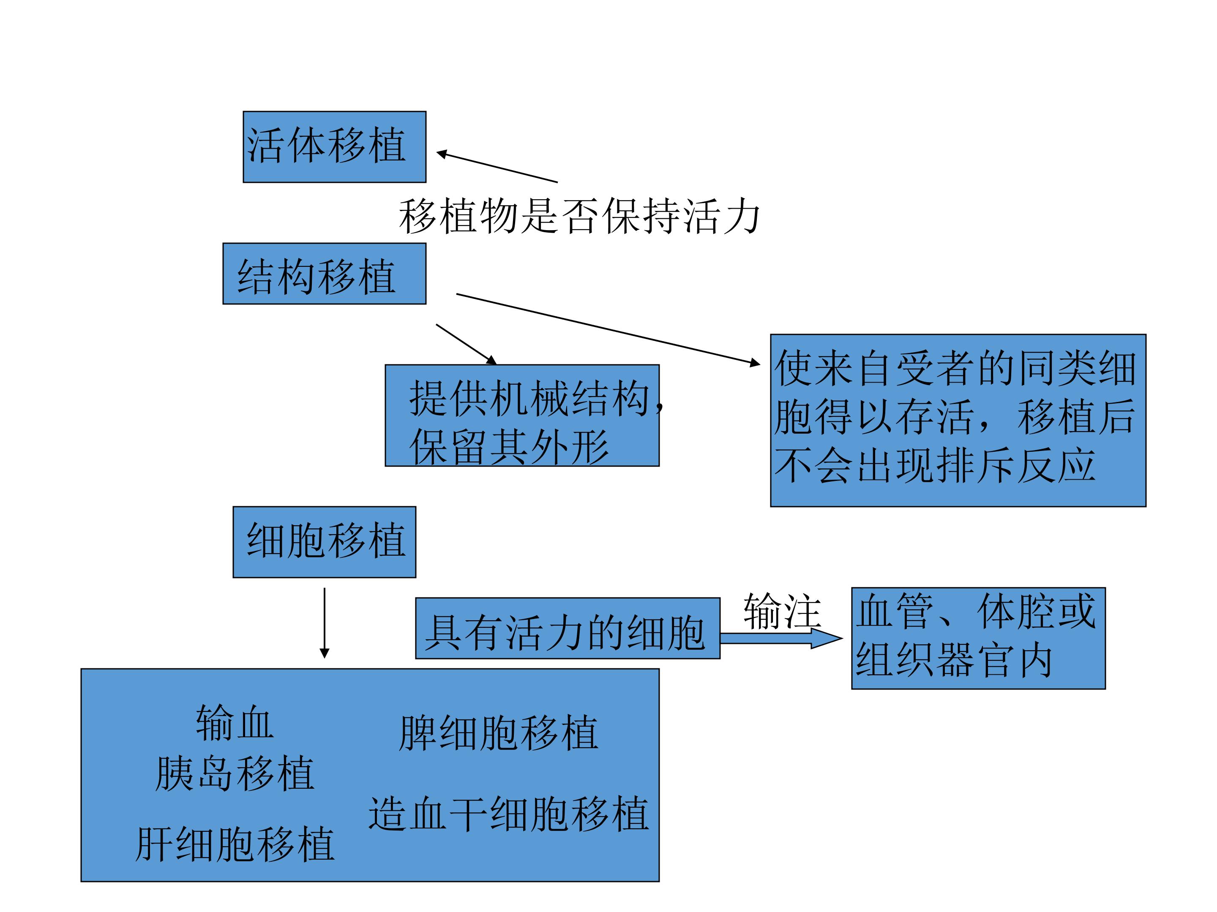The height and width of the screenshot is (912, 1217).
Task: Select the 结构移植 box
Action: coord(324,273)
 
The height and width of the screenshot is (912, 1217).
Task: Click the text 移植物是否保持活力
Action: coord(579,217)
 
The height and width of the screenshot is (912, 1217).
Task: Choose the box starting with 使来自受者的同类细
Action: coord(958,420)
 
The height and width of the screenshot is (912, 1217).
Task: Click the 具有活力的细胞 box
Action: coord(567,628)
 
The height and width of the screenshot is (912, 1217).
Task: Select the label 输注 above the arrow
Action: coord(782,611)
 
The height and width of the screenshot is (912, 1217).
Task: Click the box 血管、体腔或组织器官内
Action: coord(978,638)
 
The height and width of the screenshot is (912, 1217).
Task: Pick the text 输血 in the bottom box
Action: coord(235,723)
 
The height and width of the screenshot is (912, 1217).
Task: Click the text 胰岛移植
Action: coord(235,774)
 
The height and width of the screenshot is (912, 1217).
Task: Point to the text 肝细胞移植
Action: coord(235,844)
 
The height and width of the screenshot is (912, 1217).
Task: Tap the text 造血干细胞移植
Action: coord(508,814)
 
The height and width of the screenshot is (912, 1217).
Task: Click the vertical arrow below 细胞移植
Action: coord(324,622)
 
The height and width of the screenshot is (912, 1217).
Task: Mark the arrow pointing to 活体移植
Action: coord(497,167)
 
